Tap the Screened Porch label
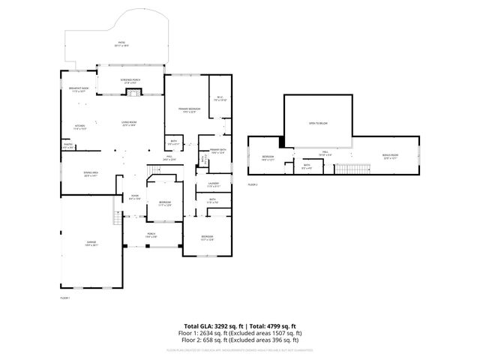132,79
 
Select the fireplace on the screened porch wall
132,92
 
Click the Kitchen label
79,127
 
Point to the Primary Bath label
217,151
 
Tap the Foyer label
134,197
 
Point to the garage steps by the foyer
117,218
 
